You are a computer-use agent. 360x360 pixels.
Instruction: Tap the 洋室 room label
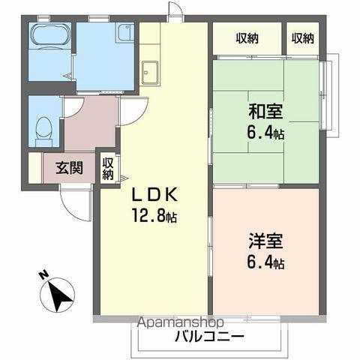pos(266,244)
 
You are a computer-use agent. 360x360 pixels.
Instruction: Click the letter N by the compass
pos(43,275)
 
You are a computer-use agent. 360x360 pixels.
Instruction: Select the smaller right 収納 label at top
pos(303,38)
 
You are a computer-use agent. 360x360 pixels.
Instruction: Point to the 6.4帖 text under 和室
pos(268,133)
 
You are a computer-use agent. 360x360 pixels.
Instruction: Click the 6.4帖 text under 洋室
pos(267,263)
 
